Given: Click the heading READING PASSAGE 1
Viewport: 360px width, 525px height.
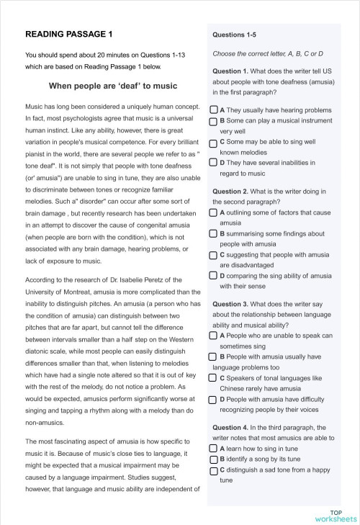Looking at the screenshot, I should pyautogui.click(x=68, y=34).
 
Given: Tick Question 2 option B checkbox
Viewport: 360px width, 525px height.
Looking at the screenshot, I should pyautogui.click(x=214, y=233).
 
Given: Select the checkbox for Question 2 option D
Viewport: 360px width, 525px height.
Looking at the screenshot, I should pyautogui.click(x=214, y=275).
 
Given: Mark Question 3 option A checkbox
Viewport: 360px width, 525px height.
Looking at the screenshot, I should pyautogui.click(x=214, y=336).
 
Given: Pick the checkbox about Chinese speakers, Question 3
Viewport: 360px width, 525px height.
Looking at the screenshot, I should pyautogui.click(x=214, y=377).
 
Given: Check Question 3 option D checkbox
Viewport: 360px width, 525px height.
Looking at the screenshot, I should pyautogui.click(x=214, y=399).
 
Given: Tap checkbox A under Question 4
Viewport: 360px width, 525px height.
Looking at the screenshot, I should pyautogui.click(x=214, y=448).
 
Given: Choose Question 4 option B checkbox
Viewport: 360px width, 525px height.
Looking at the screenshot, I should pyautogui.click(x=214, y=459).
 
